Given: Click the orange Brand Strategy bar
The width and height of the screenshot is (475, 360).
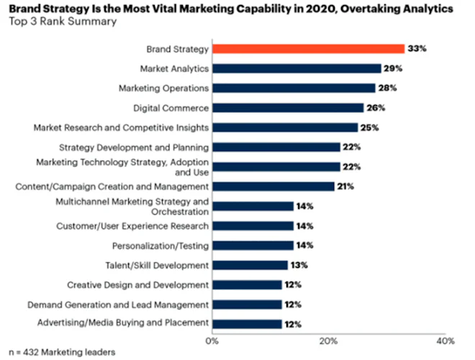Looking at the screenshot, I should click(308, 49).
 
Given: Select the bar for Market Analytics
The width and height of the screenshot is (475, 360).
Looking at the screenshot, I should click(297, 68).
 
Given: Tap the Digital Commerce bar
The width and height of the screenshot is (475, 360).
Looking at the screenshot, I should click(288, 108).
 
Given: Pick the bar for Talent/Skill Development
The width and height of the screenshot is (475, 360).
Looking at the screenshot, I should click(250, 265).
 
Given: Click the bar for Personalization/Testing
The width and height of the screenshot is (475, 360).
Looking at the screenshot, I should click(253, 246).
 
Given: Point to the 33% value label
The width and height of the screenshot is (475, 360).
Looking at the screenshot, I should click(418, 49).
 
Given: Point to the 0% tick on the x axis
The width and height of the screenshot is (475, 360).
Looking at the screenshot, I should click(212, 340).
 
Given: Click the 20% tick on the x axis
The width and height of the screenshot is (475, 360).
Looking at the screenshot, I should click(328, 340).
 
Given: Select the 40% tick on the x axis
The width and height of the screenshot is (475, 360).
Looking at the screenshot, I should click(445, 340).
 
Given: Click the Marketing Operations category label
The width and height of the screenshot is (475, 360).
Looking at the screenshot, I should click(163, 88).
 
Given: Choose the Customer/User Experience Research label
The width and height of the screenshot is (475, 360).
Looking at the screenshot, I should click(132, 226).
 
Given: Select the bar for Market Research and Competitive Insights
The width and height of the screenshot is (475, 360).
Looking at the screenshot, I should click(285, 127).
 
